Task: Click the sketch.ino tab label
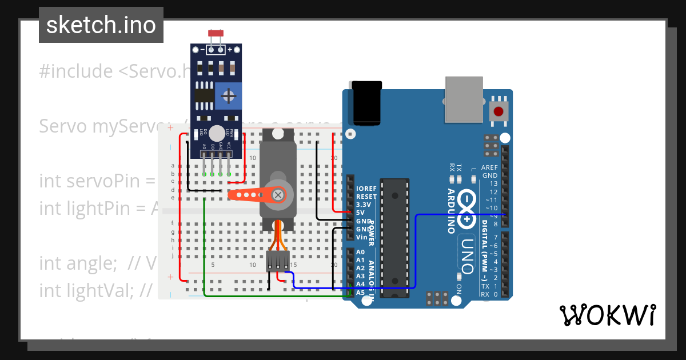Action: (101, 25)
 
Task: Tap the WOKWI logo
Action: (607, 315)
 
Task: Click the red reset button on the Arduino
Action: (498, 111)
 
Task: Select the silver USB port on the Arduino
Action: (464, 100)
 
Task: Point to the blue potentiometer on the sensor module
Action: (228, 95)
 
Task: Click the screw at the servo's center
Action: (278, 194)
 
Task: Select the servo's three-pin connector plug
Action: (278, 260)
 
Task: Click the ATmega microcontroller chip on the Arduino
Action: (396, 238)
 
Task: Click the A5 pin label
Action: (360, 292)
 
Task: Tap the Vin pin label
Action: (361, 237)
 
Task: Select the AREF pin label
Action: (489, 167)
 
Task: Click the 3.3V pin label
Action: (364, 204)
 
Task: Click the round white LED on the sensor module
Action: (217, 133)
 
